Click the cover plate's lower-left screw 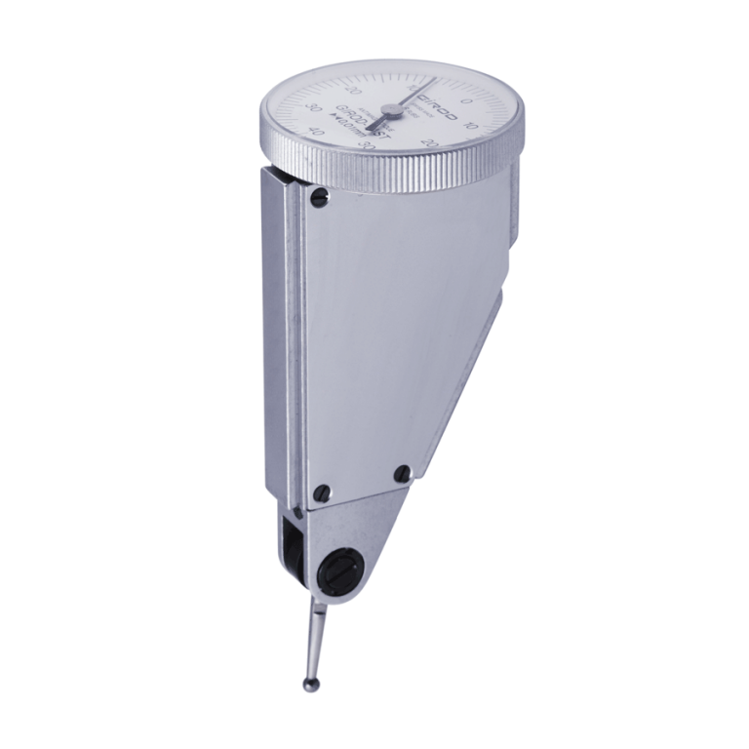pos(323,491)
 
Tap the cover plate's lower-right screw pos(401,474)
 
